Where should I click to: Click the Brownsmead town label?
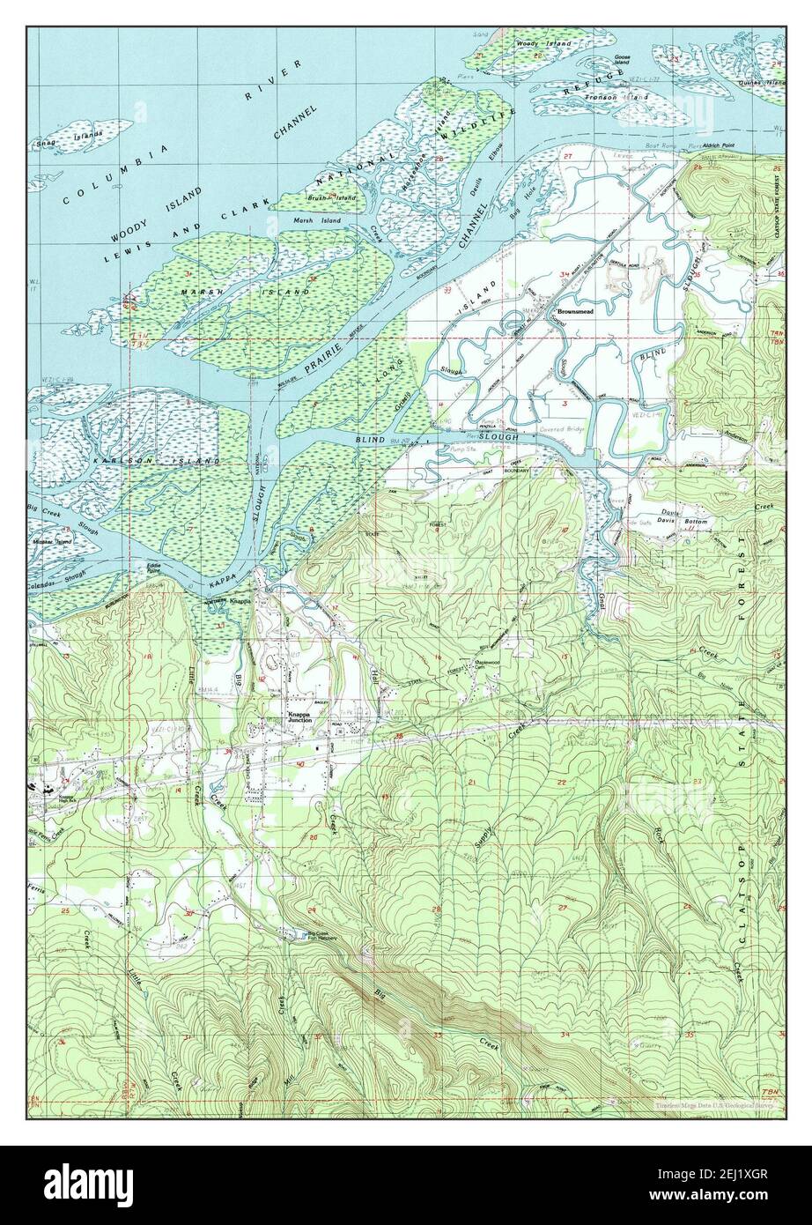point(573,311)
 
